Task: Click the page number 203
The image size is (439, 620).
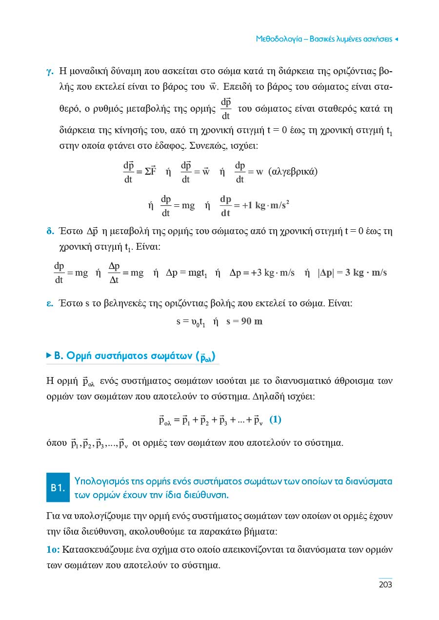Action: click(x=385, y=584)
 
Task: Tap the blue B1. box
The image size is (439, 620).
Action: click(x=58, y=487)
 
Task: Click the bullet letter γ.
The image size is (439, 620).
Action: click(x=49, y=71)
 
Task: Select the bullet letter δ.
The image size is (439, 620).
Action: click(x=49, y=231)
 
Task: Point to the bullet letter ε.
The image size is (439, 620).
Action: click(x=49, y=303)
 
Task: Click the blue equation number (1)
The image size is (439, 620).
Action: click(x=275, y=420)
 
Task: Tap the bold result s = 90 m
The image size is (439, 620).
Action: click(x=244, y=322)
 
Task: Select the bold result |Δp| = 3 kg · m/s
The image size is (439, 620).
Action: click(x=352, y=273)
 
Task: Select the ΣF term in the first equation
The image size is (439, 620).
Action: click(x=150, y=172)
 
